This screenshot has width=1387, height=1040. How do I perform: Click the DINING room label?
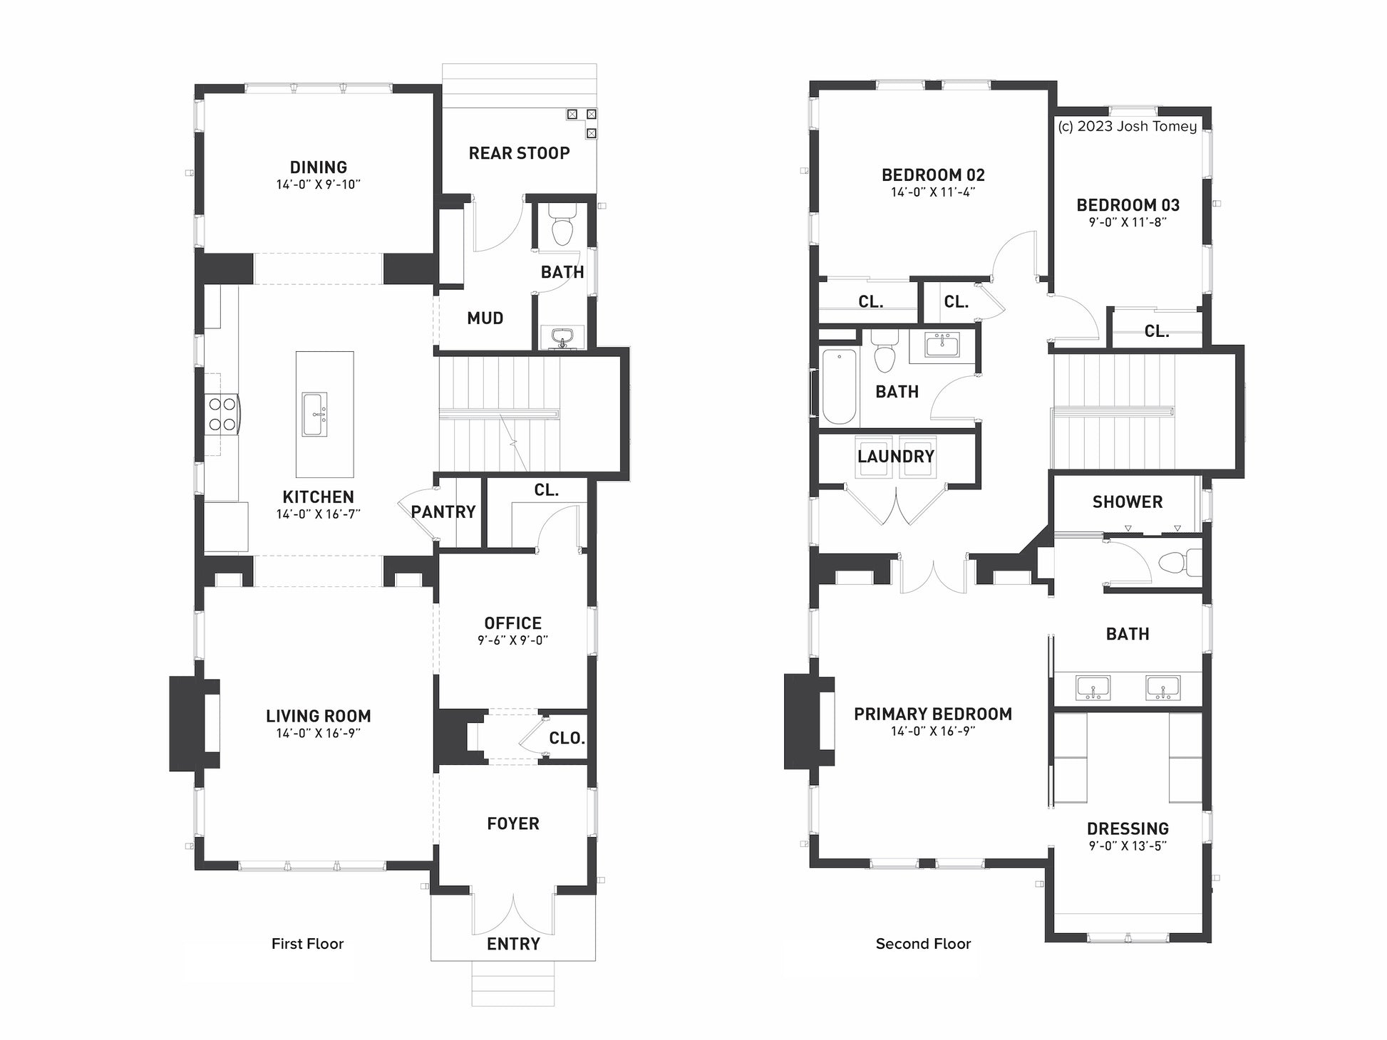(319, 167)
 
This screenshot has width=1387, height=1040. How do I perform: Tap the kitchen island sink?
(314, 414)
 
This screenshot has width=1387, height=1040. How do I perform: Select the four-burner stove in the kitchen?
(222, 415)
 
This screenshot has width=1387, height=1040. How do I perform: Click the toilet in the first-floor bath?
(562, 224)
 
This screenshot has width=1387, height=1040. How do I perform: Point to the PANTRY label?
(443, 512)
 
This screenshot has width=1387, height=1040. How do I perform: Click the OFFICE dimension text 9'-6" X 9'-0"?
(513, 640)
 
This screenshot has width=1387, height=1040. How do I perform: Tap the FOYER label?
(513, 824)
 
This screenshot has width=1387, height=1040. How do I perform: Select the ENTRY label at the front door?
(513, 945)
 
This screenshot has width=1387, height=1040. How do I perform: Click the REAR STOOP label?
(519, 153)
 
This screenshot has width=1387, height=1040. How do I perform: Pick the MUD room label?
(485, 318)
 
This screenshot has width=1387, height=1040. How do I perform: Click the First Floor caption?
(307, 944)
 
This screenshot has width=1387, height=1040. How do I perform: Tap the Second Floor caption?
(923, 944)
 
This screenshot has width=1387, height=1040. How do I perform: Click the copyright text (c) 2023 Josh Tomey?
(1128, 127)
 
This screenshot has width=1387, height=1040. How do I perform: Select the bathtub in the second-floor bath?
(839, 386)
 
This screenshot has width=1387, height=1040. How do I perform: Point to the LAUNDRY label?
(896, 457)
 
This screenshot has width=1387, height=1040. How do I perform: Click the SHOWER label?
(1128, 502)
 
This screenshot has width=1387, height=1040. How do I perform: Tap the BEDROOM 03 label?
(1128, 205)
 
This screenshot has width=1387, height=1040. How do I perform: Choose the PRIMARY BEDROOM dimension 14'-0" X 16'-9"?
(933, 732)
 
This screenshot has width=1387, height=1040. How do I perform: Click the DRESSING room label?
(1128, 829)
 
